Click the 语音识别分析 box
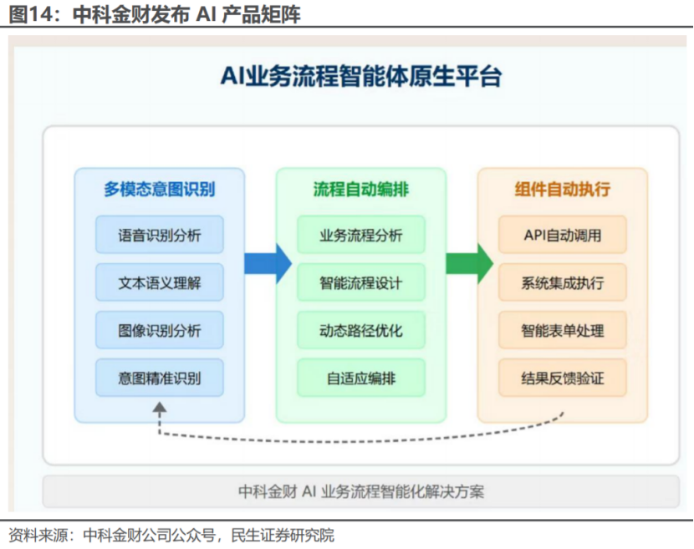point(160,235)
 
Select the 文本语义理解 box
point(160,282)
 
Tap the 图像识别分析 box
point(160,330)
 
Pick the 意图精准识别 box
point(160,378)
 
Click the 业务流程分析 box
point(361,235)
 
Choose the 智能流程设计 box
point(361,282)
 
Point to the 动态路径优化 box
point(361,330)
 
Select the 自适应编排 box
point(361,378)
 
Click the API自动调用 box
point(563,235)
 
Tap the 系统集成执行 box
point(563,282)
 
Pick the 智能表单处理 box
point(563,330)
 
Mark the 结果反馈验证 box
point(563,378)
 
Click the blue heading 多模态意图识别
point(160,189)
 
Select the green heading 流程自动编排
point(361,189)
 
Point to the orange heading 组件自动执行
point(563,189)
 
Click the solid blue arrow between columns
point(267,263)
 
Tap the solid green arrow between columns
point(468,263)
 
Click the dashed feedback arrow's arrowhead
point(160,407)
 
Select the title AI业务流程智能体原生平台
point(361,77)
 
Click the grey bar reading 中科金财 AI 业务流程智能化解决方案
point(361,491)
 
